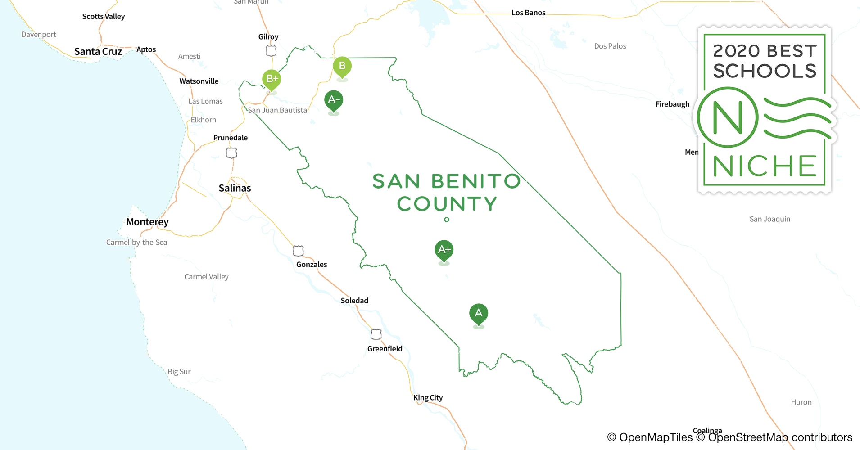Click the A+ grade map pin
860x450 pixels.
tap(444, 250)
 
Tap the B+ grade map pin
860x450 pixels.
tap(272, 79)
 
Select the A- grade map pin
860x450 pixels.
tap(334, 100)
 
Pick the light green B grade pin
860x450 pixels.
tap(342, 66)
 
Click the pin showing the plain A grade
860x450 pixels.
tap(479, 313)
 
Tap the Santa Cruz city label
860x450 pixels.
tap(98, 52)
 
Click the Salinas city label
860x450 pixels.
tap(235, 188)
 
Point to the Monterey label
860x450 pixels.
tap(147, 222)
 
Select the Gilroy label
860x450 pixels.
tap(268, 37)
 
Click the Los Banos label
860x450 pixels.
tap(528, 13)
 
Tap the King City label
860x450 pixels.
tap(428, 398)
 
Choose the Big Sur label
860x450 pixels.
tap(179, 372)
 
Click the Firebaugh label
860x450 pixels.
tap(672, 104)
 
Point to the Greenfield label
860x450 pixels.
tap(385, 349)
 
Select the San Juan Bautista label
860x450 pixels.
tap(277, 110)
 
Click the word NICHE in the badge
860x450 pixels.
tap(765, 166)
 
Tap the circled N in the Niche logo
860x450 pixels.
tap(728, 117)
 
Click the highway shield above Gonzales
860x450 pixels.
tap(298, 251)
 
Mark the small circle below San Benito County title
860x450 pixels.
tap(447, 220)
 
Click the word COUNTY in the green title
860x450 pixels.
tap(447, 204)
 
